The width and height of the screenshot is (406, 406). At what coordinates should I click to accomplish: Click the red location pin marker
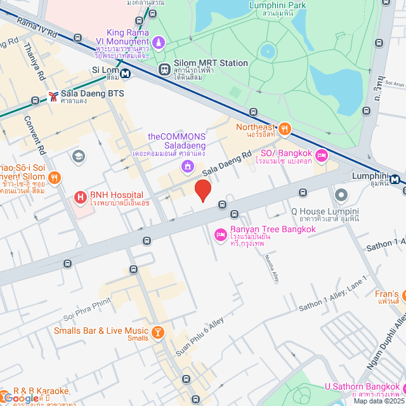click(202, 190)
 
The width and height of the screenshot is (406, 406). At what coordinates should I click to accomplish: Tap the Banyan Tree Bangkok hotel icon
click(221, 235)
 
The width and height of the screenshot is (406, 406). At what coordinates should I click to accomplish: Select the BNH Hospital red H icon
click(81, 197)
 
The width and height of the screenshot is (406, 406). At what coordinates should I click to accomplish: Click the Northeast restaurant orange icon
click(285, 129)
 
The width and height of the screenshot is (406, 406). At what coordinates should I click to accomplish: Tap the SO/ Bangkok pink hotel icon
click(322, 155)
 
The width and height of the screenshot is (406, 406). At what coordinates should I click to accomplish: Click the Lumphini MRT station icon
click(395, 180)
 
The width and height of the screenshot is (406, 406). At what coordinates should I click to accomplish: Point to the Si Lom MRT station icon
click(126, 72)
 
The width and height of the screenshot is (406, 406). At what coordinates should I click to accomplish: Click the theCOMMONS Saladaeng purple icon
click(187, 166)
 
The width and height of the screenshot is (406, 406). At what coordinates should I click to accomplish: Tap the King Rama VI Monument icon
click(159, 43)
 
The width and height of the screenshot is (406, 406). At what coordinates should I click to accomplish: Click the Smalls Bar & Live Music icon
click(158, 332)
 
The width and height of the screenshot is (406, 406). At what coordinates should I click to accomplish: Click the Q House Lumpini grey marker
click(341, 194)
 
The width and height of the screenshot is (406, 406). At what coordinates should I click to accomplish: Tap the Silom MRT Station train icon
click(164, 69)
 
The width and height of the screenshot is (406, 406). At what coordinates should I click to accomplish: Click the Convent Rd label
click(36, 135)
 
